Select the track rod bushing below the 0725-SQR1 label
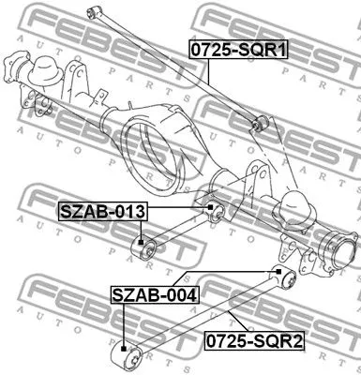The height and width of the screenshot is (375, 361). [x=262, y=122]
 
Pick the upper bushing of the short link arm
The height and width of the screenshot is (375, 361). [x=212, y=210]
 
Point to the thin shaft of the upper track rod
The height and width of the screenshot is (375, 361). [x=178, y=66]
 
